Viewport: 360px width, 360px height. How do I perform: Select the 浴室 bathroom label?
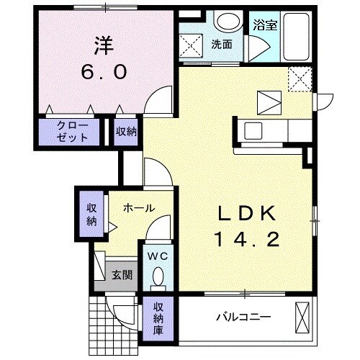coord(265,25)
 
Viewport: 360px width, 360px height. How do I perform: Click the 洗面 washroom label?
coord(222,44)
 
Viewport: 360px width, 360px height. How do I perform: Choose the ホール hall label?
coord(138,208)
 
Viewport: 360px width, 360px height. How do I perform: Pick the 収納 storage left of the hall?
coord(91,214)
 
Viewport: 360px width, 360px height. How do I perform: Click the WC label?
coord(158,256)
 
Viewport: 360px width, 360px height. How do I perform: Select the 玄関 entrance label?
coord(121,274)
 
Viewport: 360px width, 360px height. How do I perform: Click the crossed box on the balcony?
coord(305,319)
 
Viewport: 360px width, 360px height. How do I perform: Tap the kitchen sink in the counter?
coord(255,130)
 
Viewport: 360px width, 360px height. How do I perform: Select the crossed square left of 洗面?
coord(193,45)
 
